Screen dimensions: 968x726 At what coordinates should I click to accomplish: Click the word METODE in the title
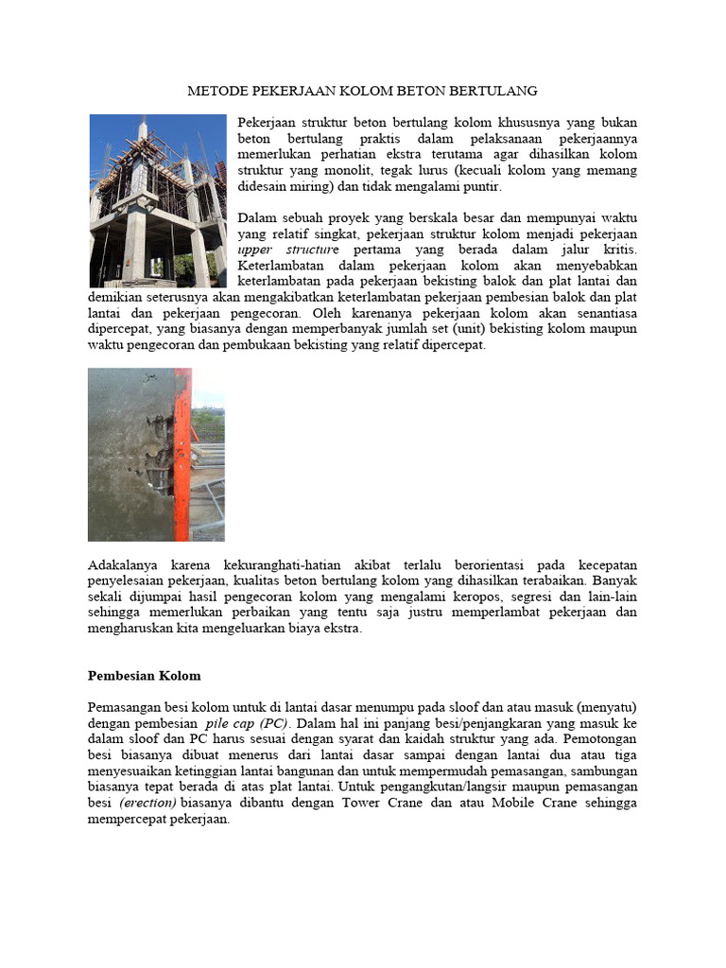214,91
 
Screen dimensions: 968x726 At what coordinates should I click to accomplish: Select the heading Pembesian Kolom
144,676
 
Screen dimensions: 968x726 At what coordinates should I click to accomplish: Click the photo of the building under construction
157,200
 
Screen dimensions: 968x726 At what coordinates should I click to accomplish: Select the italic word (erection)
147,804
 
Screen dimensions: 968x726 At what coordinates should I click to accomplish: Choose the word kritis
615,250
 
